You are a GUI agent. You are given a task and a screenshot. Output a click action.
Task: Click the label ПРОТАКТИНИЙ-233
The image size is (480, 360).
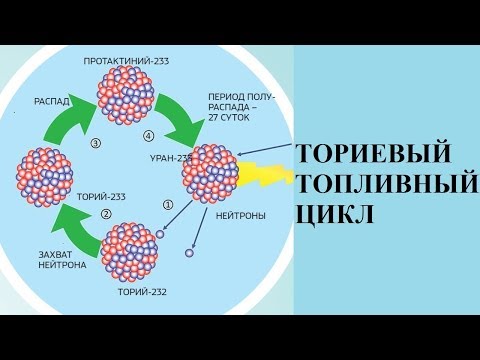tap(126, 61)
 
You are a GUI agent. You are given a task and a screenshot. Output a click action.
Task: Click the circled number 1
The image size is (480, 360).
tap(167, 205)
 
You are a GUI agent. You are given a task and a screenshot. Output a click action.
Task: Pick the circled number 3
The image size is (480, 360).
tap(95, 143)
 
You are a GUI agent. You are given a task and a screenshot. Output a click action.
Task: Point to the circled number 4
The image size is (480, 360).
tap(149, 135)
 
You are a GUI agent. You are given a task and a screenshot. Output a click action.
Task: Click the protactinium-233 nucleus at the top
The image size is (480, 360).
tap(125, 96)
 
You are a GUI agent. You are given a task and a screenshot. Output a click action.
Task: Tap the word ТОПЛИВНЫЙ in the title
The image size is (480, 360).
tap(384, 184)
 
